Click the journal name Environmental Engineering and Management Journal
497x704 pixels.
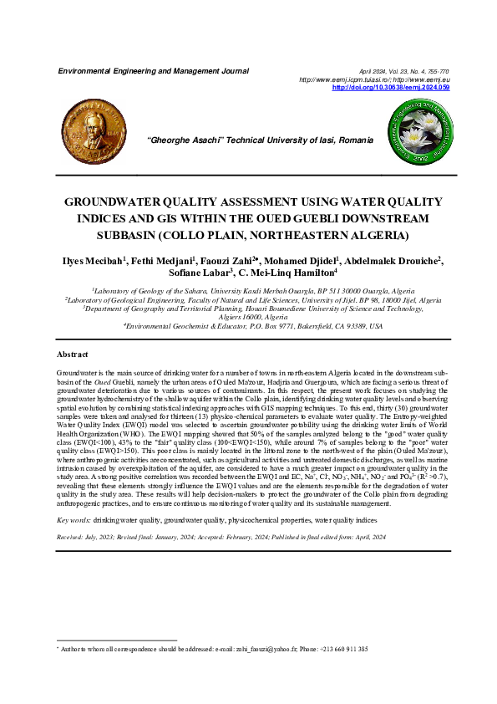[x=153, y=71]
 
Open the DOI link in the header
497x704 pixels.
[x=391, y=87]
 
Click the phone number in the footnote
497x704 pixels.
[x=342, y=649]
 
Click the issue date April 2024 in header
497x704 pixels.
[x=372, y=73]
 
